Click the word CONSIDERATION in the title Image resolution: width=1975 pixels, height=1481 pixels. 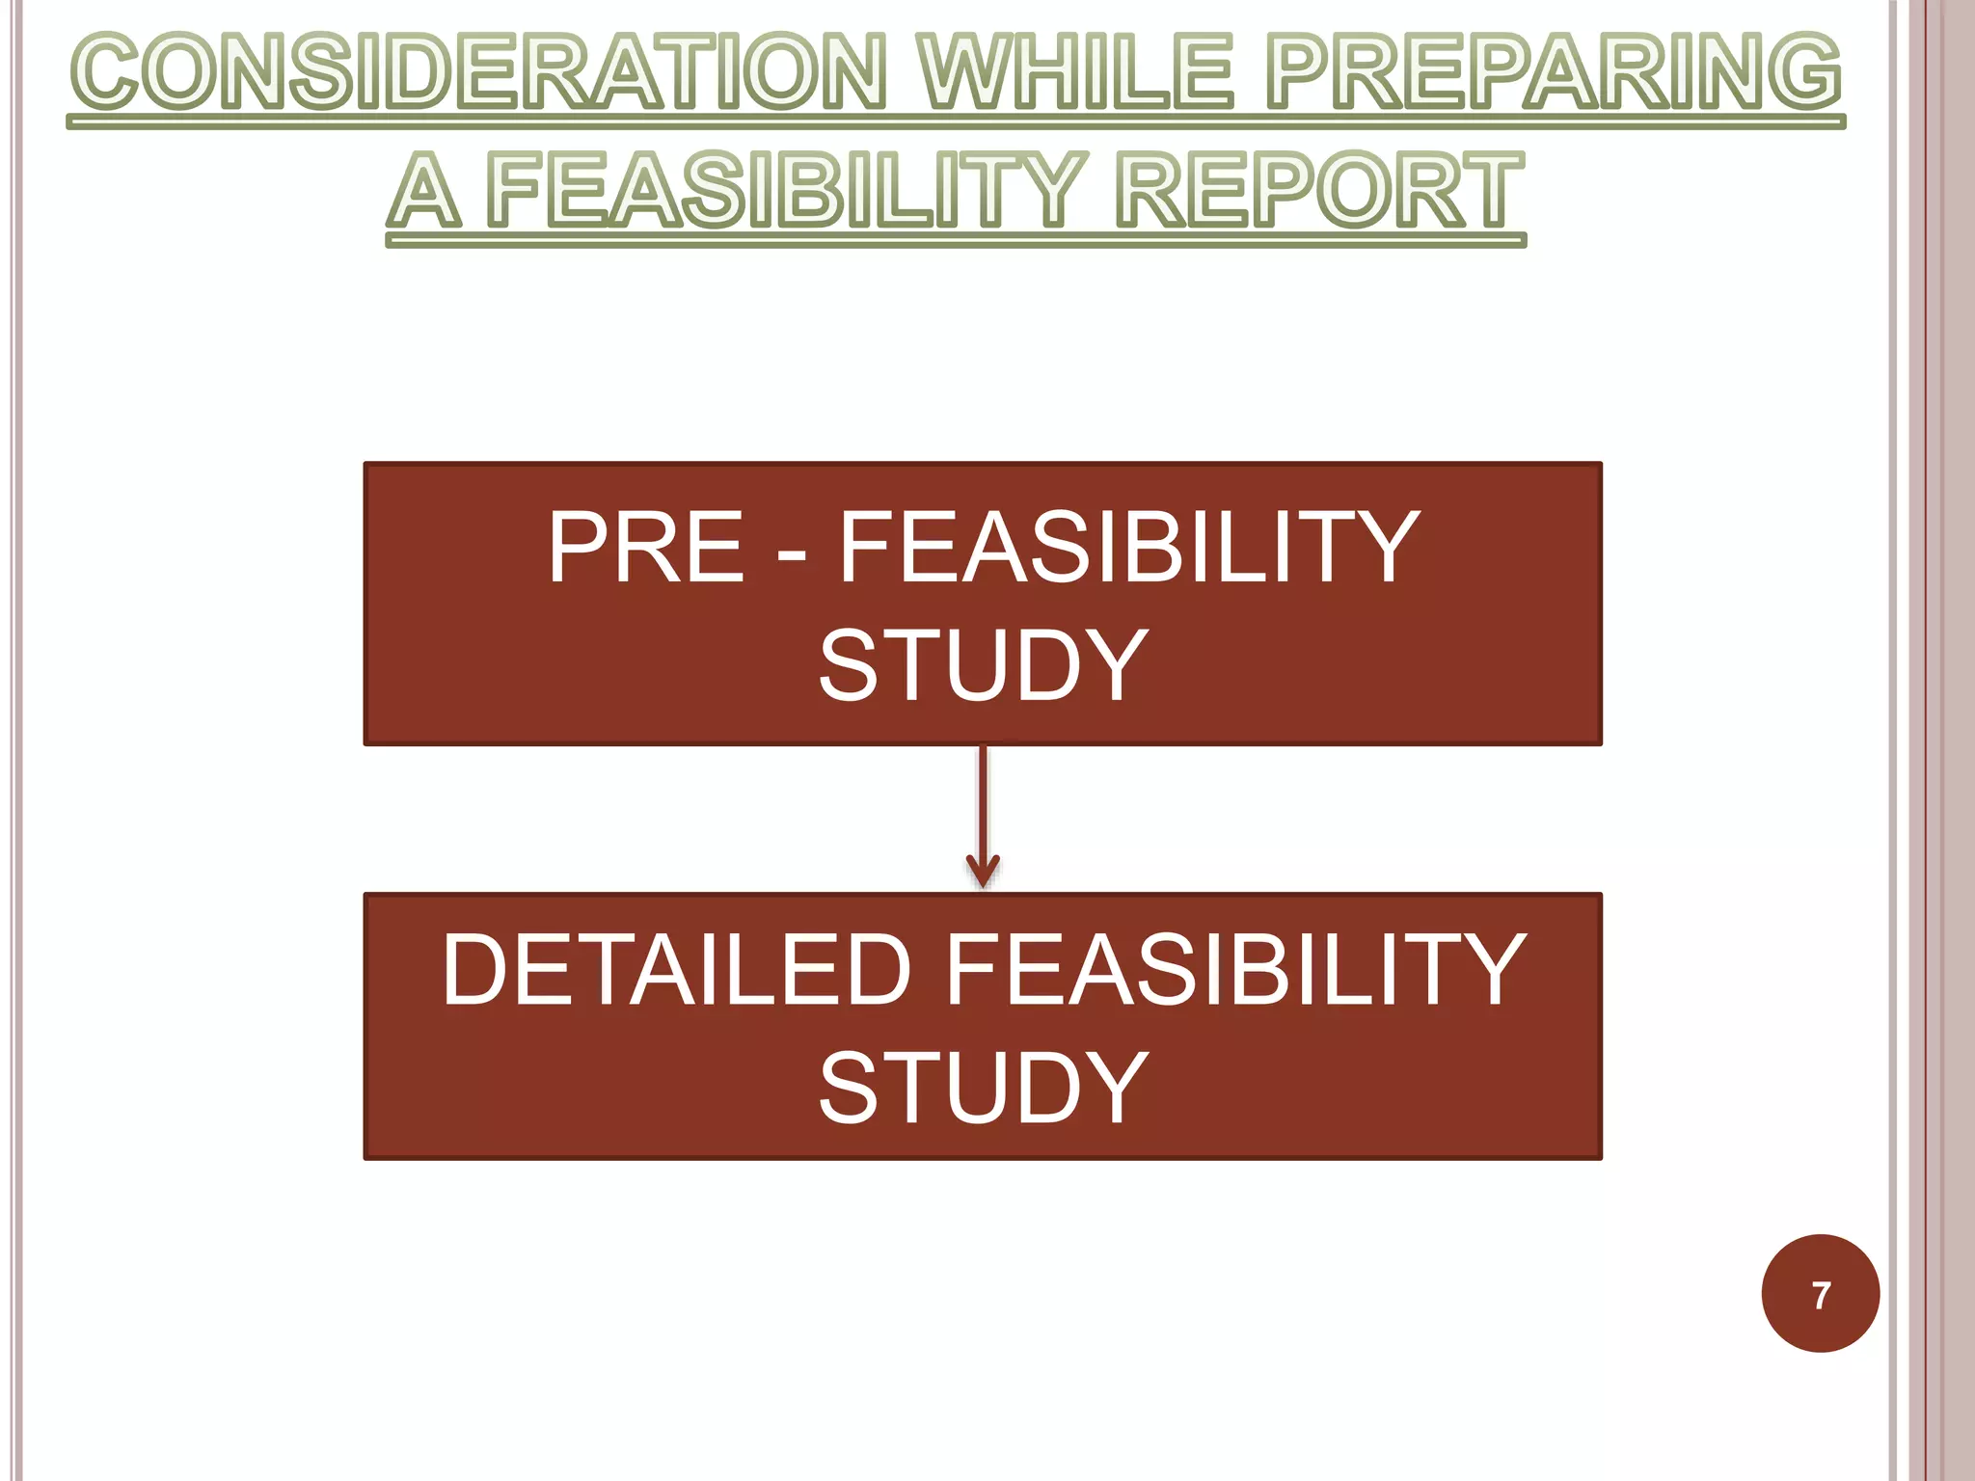point(477,71)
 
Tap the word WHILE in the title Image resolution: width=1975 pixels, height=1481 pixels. point(1075,71)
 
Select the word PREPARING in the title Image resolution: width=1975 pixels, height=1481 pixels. point(1553,71)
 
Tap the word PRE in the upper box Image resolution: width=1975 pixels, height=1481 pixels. point(645,548)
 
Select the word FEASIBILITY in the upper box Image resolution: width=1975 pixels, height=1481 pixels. point(1128,548)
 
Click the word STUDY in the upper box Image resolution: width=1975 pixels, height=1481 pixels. point(983,665)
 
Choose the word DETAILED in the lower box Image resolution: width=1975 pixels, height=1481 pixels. point(676,970)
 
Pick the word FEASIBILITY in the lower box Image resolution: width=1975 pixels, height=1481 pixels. point(1235,970)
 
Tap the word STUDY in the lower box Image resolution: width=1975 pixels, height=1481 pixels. point(983,1088)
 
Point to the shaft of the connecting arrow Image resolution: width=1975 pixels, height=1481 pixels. point(983,800)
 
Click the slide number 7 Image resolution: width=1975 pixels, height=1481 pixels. point(1821,1295)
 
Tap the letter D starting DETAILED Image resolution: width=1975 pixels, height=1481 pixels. point(476,970)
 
